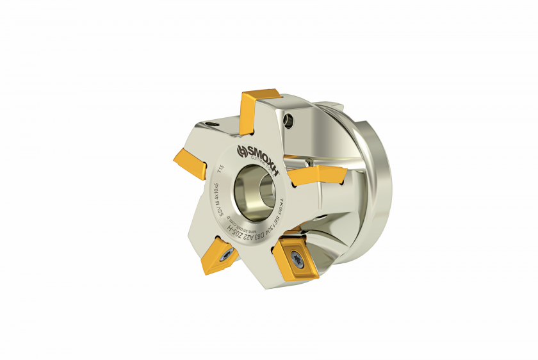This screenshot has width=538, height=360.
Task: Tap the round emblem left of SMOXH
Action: coord(241,151)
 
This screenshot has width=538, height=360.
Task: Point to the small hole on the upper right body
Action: coord(292,119)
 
